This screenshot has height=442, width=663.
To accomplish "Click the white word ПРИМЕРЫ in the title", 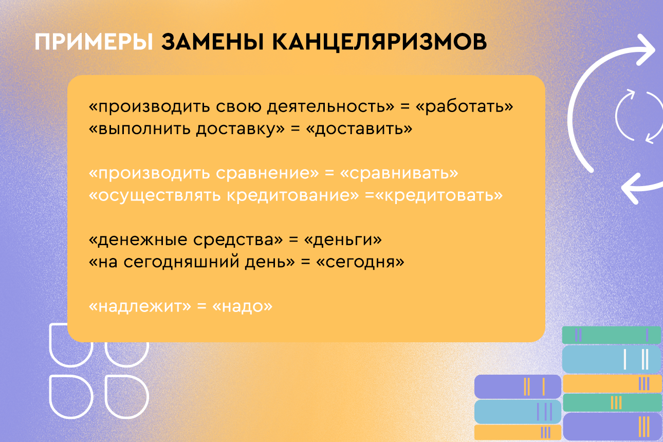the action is [x=94, y=42].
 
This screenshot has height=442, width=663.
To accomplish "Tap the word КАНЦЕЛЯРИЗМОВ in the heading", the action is [x=379, y=42].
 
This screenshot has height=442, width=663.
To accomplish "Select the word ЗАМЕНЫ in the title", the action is [x=212, y=42].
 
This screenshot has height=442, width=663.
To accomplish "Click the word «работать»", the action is [x=465, y=107].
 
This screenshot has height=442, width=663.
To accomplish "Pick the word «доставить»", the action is [x=359, y=129].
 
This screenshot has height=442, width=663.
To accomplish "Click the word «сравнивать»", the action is [x=399, y=173].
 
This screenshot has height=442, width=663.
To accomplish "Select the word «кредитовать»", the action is [x=439, y=195].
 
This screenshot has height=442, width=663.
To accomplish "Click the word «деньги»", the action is [x=343, y=240].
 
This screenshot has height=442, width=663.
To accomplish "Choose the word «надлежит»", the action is [x=140, y=306].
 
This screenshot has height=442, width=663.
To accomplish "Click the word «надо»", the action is [x=243, y=306].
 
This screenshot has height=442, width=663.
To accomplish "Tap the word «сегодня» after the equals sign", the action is [x=360, y=262].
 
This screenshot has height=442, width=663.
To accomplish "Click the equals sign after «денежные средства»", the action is [x=293, y=240].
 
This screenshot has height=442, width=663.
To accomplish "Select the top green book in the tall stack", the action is [x=612, y=335].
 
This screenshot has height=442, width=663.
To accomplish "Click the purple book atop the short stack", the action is [x=518, y=386].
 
